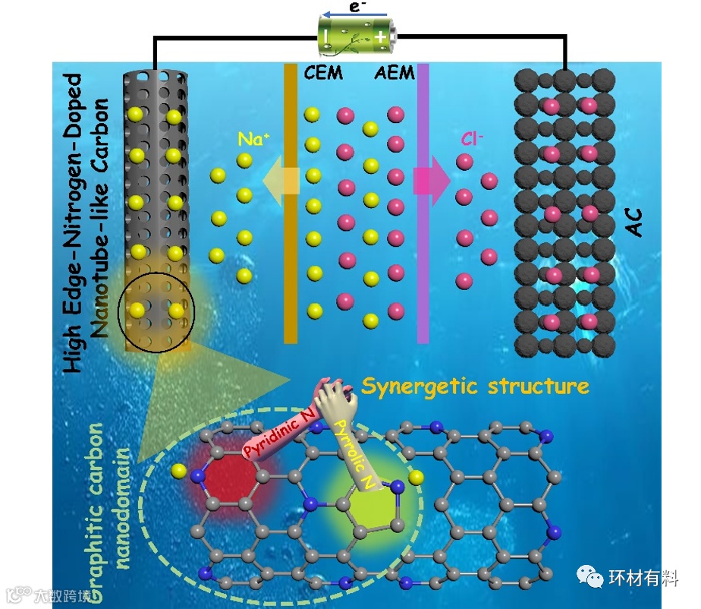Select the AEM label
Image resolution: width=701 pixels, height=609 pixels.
(395, 74)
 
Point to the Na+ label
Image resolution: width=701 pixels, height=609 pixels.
(251, 140)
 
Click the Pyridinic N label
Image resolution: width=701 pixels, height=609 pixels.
(277, 434)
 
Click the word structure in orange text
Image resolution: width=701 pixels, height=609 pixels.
(540, 387)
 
